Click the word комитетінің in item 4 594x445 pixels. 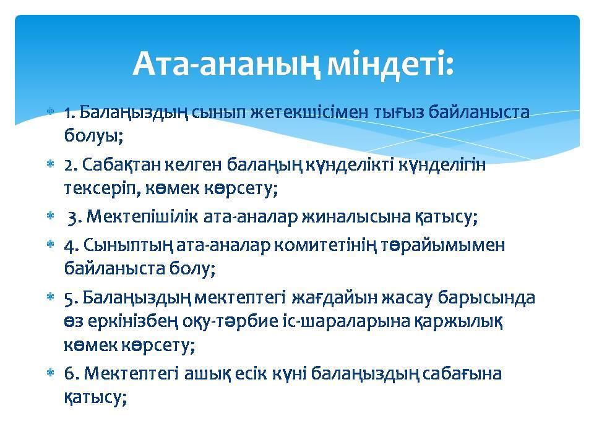point(355,245)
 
